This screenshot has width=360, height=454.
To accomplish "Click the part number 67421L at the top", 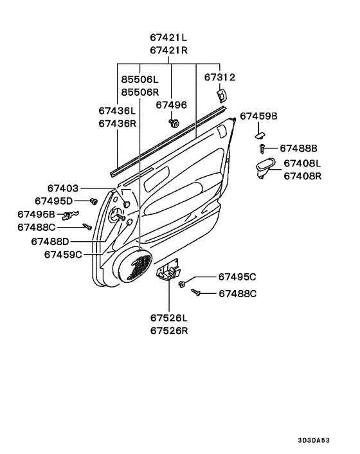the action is click(x=168, y=37).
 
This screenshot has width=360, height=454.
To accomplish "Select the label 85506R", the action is click(x=139, y=92).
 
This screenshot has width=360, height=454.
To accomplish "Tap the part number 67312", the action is click(x=220, y=77).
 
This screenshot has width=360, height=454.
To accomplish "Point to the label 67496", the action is click(x=171, y=105).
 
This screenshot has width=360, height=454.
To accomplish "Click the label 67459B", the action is click(x=258, y=116).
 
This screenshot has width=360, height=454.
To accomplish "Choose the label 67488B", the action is click(x=298, y=149).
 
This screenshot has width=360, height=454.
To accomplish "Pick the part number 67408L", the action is click(x=302, y=163).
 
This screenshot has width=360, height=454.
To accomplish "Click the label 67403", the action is click(x=63, y=188).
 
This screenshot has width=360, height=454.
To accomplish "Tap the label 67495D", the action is click(x=53, y=201).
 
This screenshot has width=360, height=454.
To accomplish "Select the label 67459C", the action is click(x=63, y=255).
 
